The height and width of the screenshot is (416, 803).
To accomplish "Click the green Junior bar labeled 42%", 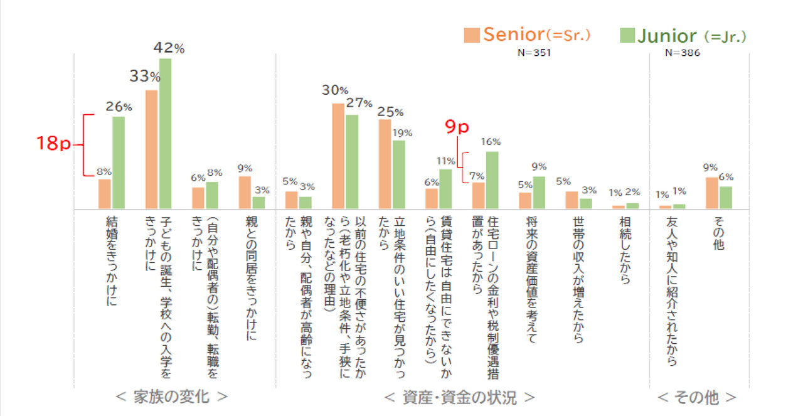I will pos(165,133).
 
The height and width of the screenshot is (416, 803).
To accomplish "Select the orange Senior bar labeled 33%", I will pos(151,149).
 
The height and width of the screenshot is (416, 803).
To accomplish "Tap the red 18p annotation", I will pos(53,144).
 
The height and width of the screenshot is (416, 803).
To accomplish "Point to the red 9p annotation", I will pos(457,127).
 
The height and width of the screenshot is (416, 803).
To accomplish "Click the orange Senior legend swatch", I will pos(472,35).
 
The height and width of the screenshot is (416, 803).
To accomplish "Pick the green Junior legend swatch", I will pos(627,35).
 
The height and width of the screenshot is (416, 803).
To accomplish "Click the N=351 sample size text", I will pos(534,53).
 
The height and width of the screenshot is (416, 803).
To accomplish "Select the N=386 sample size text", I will pos(683,53).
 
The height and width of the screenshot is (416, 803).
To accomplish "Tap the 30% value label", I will pos(335,90).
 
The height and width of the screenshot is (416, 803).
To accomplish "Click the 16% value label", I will pos(491,141).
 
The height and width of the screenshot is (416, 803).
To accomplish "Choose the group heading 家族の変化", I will pos(172,397).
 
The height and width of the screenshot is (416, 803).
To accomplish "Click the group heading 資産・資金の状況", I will pos(459,397).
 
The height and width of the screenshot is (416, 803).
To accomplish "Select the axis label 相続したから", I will pos(625,251).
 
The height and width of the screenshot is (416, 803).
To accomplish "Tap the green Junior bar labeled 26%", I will pos(119,163).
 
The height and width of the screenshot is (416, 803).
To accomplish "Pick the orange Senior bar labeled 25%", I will pos(385,164).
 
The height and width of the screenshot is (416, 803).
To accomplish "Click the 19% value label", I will pos(402,132).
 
